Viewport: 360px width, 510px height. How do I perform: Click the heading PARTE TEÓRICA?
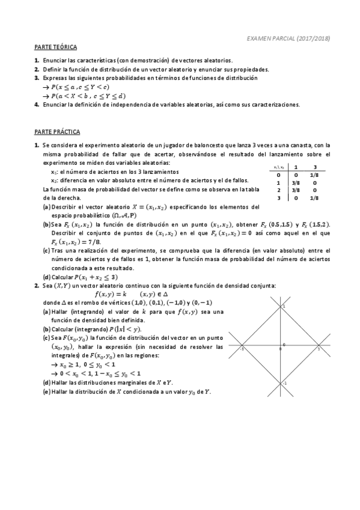pyautogui.click(x=55, y=46)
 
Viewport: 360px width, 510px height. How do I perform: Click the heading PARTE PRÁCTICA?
pyautogui.click(x=57, y=131)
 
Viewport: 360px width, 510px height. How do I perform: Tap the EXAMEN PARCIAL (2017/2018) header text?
pyautogui.click(x=288, y=38)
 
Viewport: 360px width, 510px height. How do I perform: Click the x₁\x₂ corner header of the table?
pyautogui.click(x=278, y=167)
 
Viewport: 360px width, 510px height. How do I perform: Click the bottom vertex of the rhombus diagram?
pyautogui.click(x=281, y=383)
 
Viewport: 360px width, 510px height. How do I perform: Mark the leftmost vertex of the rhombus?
pyautogui.click(x=242, y=348)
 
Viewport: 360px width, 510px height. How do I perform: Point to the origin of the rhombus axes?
pyautogui.click(x=281, y=348)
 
